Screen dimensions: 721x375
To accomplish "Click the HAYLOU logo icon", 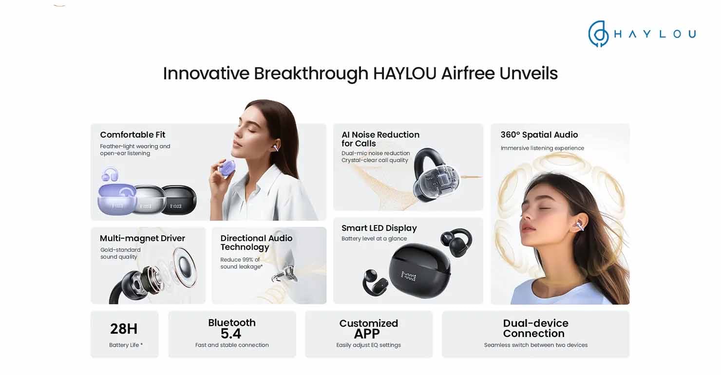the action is coord(598,34).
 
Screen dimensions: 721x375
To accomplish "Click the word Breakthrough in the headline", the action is coord(311,74).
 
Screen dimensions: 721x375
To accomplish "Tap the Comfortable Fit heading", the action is coord(133,134).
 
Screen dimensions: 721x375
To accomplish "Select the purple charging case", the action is coord(116,200).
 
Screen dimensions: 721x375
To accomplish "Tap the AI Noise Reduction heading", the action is coord(380,139).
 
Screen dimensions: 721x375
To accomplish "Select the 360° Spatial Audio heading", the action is coord(539,134).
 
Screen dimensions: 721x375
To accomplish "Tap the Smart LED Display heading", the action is coord(379,228).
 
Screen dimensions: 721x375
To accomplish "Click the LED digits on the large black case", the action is coord(408,277).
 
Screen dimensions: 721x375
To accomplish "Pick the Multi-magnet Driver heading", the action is coord(142,238).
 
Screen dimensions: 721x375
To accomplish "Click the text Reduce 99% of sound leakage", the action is coord(242,263).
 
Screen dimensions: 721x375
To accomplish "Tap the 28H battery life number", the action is coord(124,329).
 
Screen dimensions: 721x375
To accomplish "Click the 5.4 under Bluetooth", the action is coord(231,334).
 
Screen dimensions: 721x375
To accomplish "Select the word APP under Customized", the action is coord(367,334).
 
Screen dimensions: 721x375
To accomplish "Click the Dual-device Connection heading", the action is coord(535,328).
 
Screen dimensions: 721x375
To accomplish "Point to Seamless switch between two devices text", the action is coord(535,345).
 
